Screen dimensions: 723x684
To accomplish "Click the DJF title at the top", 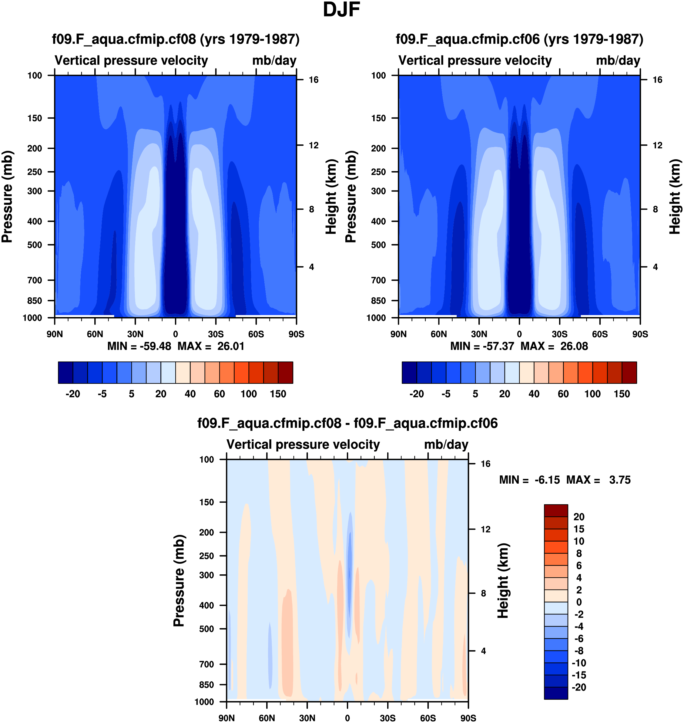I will click(x=341, y=10).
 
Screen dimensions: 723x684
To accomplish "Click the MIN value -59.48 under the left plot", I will click(x=155, y=346).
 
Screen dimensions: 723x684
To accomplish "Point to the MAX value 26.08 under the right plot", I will click(x=574, y=346).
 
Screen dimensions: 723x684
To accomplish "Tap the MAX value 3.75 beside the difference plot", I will click(x=619, y=480).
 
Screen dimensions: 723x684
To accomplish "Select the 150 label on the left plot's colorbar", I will click(x=278, y=394).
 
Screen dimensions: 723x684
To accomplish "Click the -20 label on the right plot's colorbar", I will click(x=416, y=394).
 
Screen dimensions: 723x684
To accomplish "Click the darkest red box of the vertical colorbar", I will click(x=556, y=510).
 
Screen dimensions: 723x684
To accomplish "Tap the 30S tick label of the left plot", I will click(x=216, y=334).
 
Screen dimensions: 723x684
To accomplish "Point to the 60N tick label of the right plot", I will click(x=439, y=334).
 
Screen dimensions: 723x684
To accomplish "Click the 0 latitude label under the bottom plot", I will click(x=347, y=718).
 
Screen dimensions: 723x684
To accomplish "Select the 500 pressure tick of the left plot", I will click(x=35, y=245).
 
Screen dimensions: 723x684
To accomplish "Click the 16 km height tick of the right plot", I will click(x=657, y=80).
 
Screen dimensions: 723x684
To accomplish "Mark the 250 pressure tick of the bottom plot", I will click(x=206, y=556).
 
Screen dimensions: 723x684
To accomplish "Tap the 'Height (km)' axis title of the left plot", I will click(x=330, y=197).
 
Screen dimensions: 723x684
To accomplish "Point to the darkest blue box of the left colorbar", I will click(x=65, y=373).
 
